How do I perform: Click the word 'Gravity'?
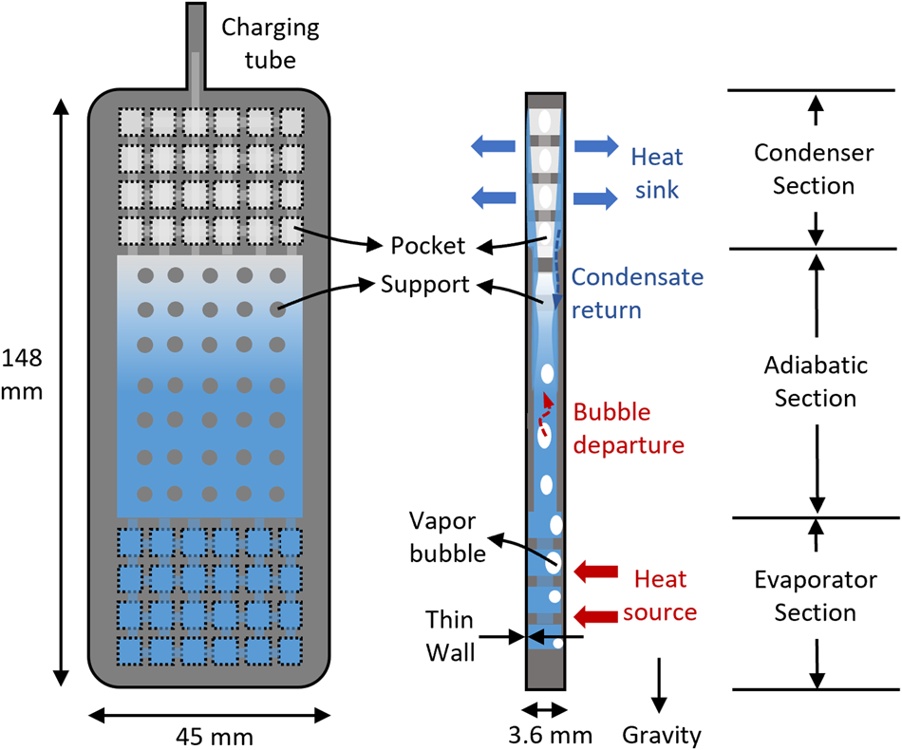(662, 734)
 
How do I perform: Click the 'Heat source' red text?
(659, 595)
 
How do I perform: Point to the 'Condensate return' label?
(638, 292)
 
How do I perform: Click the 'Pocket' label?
(428, 246)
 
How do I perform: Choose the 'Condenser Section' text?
(813, 168)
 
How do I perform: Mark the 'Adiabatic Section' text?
(815, 381)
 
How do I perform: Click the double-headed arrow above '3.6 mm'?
(545, 708)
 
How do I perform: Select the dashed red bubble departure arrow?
(544, 410)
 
